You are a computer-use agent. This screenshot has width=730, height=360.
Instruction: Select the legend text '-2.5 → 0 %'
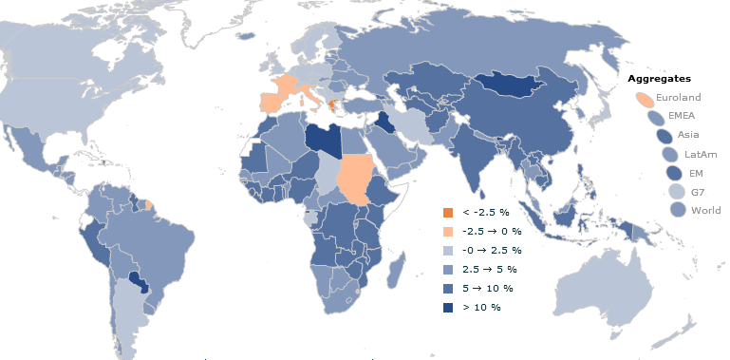click(489, 231)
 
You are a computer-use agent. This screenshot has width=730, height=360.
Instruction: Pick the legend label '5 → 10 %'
click(488, 288)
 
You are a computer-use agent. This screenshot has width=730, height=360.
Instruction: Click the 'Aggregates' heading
click(659, 78)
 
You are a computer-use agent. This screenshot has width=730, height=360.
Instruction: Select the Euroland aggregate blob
click(643, 98)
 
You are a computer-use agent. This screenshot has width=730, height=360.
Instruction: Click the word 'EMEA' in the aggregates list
click(682, 116)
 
